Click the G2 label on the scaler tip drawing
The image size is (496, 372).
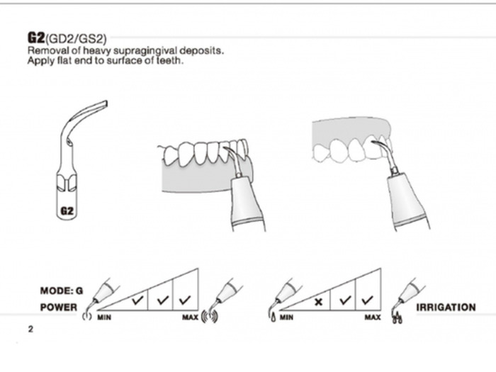[67, 210]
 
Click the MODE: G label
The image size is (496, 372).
[62, 291]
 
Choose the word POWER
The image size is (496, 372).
[58, 308]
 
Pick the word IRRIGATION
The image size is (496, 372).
[446, 308]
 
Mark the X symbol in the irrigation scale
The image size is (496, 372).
[319, 301]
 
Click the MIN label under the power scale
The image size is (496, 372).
[104, 317]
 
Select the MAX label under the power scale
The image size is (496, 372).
[190, 317]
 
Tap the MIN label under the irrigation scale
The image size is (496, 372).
[286, 317]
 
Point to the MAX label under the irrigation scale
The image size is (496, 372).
[373, 317]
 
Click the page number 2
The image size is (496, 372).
[30, 329]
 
